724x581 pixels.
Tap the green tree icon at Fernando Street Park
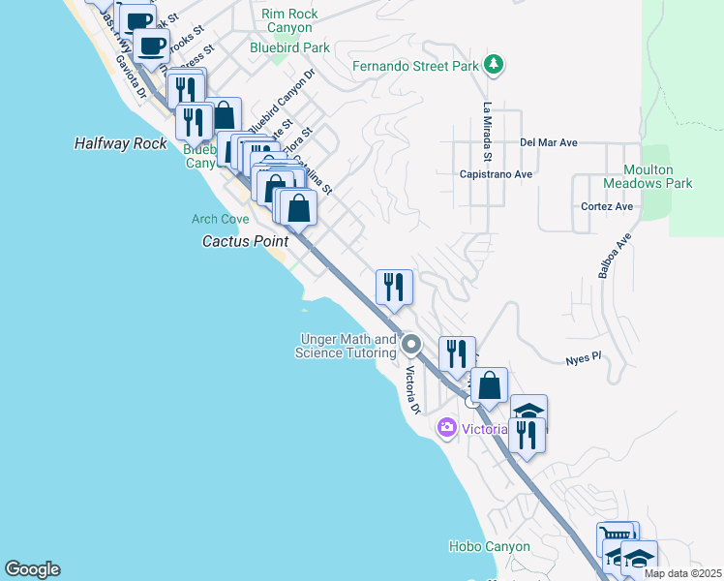[495, 65]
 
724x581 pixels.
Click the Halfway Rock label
[121, 143]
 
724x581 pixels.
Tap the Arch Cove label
[220, 220]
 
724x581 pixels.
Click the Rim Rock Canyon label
[289, 20]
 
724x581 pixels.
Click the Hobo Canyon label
[490, 546]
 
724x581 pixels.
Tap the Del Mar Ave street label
[548, 142]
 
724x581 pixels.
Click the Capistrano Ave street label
[496, 174]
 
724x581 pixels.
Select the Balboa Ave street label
[614, 257]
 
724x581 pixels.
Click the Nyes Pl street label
[584, 357]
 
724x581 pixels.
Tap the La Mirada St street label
[488, 133]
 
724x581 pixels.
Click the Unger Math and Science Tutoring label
[347, 347]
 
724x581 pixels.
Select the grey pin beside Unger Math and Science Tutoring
[411, 345]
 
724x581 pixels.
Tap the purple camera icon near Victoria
[446, 426]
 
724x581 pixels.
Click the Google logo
[32, 569]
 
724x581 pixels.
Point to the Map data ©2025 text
[682, 573]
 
